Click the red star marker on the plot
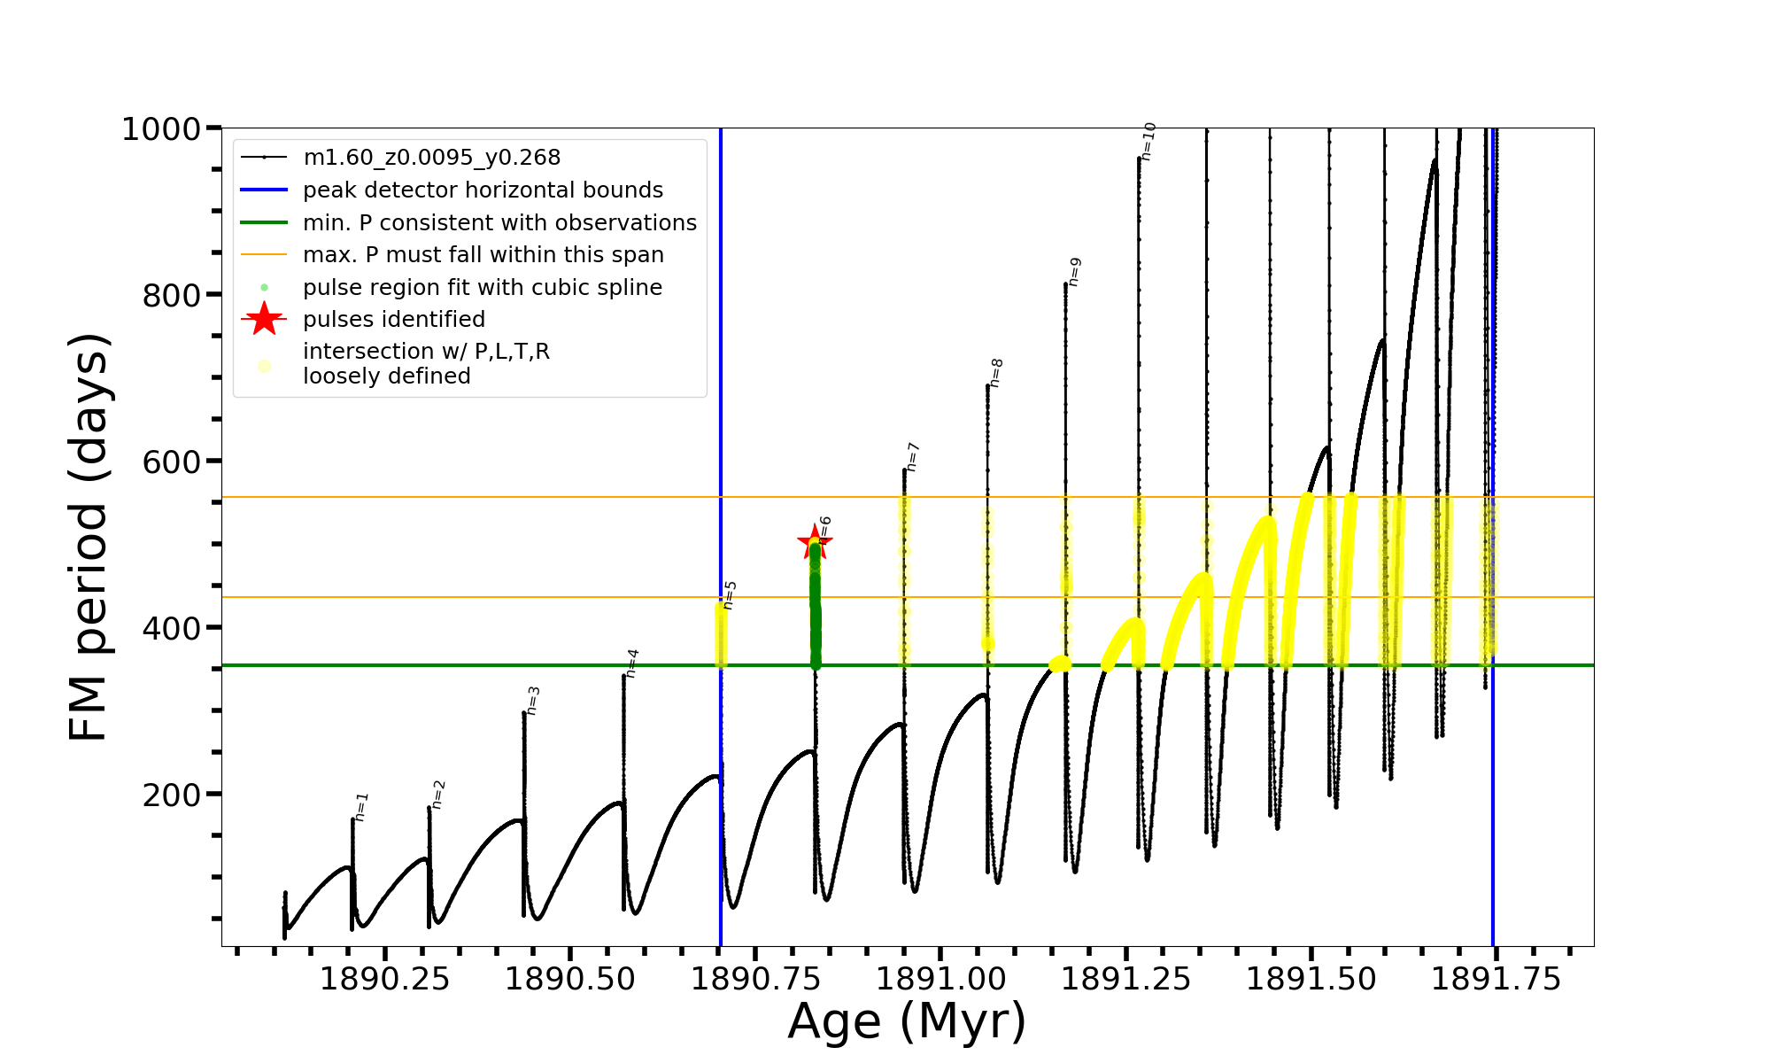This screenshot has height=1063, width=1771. tap(815, 542)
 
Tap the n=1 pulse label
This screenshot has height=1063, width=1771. tap(360, 807)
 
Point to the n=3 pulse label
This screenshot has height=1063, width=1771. tap(532, 700)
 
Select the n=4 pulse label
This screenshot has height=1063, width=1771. tap(631, 663)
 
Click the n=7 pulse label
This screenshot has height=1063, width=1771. tap(912, 457)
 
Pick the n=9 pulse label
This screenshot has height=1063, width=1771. tap(1074, 272)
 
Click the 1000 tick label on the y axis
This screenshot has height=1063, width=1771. tap(161, 129)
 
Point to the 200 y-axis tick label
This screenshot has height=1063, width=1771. tap(172, 795)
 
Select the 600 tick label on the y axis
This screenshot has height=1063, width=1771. tap(172, 462)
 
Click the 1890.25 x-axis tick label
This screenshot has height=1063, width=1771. tap(384, 980)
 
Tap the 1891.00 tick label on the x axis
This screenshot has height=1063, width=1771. tap(940, 980)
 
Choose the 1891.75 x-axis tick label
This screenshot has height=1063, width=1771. tap(1496, 980)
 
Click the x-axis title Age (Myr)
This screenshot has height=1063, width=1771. tap(907, 1021)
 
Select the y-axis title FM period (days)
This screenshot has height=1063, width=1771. tap(89, 537)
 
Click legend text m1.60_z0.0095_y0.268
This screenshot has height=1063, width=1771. tap(431, 158)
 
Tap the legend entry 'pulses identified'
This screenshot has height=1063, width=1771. tap(394, 319)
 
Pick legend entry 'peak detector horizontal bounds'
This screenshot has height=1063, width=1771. tap(483, 190)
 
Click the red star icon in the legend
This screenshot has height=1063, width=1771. tap(264, 319)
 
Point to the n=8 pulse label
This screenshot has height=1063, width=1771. tap(996, 373)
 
